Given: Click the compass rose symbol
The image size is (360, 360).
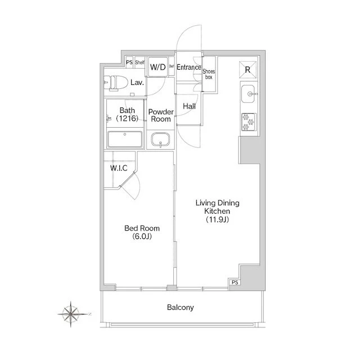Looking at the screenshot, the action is click(71, 314).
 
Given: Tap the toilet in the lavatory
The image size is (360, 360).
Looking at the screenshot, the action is click(116, 83).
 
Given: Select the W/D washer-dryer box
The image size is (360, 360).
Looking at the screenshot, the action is click(157, 67).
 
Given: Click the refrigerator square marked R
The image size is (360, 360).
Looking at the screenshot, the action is click(247, 70).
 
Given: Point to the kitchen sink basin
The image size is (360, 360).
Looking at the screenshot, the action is click(248, 94).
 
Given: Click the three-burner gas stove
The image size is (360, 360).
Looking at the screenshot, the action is click(249, 121).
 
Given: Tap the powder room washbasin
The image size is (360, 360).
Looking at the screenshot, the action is click(160, 139).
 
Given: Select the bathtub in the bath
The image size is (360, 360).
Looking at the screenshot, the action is click(125, 139).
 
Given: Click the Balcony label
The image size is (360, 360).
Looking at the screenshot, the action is click(180, 308).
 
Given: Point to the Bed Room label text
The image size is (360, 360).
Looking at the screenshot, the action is click(142, 228).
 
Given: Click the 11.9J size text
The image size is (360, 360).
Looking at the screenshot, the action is click(217, 219).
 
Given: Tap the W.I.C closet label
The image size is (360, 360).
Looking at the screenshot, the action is click(119, 168).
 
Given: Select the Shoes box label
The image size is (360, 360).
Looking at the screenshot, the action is click(209, 74).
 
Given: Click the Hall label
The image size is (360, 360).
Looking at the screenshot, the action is click(189, 106).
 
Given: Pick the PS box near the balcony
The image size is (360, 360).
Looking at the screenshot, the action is click(235, 282).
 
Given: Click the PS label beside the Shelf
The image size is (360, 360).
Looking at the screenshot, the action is click(129, 62).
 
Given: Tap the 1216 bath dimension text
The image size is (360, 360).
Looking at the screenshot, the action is click(127, 119).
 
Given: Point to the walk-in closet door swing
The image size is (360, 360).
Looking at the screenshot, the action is click(130, 186).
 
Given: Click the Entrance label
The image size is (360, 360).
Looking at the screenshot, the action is click(189, 67).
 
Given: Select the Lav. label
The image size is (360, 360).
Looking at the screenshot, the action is click(137, 83).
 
